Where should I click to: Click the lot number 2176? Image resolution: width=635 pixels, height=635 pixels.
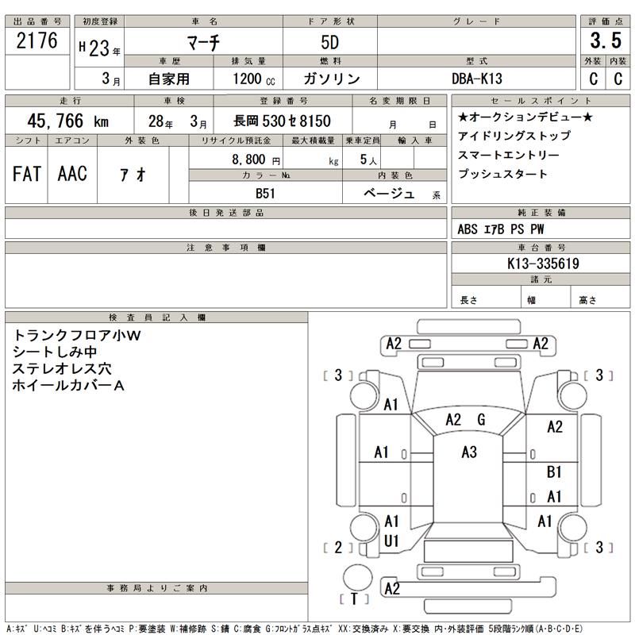[37, 42]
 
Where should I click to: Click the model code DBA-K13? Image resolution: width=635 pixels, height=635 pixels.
[477, 79]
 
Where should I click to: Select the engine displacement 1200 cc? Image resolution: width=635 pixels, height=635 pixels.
[253, 79]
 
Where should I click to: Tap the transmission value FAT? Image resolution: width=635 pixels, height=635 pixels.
[27, 174]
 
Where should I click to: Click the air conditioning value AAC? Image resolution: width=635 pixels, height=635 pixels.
[72, 174]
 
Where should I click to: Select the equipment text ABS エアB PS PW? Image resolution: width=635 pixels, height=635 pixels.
[501, 229]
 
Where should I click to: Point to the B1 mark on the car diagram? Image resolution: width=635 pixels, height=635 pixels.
[555, 472]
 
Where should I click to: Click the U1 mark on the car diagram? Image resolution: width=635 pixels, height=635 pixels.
[391, 541]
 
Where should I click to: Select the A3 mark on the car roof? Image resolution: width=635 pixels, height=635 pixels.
[469, 452]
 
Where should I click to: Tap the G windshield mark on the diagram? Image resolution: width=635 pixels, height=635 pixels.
[481, 420]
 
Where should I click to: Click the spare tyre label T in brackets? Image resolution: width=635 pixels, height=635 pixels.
[355, 598]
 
